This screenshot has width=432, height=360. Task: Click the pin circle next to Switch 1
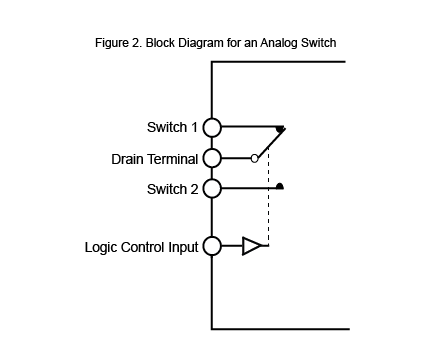[211, 127]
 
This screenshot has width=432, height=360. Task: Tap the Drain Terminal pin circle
[211, 158]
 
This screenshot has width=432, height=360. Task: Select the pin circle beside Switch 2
[211, 188]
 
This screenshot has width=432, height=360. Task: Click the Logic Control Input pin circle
[211, 246]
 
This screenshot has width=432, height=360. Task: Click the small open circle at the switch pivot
[255, 158]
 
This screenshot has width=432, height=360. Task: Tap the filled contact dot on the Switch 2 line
[281, 186]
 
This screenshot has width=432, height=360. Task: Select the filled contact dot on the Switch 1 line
[281, 128]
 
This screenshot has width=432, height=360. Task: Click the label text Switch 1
[171, 128]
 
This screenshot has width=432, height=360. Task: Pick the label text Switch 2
[171, 189]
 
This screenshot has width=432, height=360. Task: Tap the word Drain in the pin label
[128, 159]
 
